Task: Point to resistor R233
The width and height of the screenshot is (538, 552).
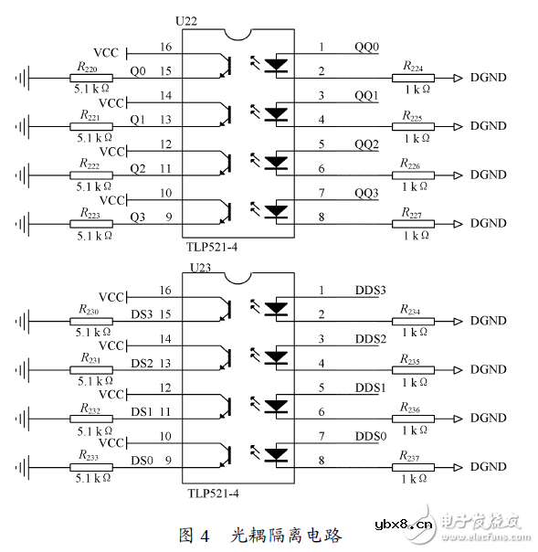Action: click(90, 467)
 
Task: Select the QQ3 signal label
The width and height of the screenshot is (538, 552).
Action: click(366, 194)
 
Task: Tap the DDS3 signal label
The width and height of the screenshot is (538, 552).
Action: click(370, 291)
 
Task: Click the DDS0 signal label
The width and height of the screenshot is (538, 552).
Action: click(370, 437)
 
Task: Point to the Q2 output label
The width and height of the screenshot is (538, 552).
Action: click(137, 168)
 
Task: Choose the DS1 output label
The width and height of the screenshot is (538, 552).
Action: click(141, 412)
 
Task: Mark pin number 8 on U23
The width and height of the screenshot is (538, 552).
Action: click(321, 462)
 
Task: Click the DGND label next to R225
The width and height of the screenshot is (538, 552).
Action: click(488, 126)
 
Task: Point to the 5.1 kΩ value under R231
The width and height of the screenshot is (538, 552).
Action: click(92, 382)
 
